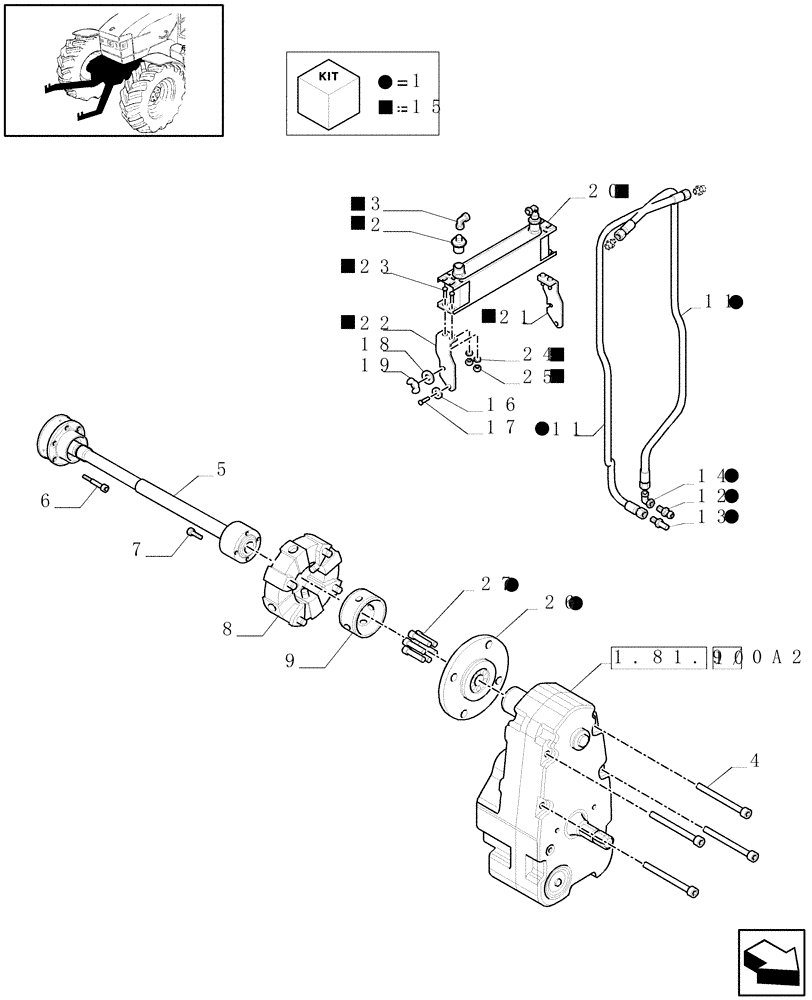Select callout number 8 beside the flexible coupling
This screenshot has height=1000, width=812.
(228, 629)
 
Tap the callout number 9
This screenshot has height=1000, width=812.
(290, 661)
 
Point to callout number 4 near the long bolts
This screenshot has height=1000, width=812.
(754, 763)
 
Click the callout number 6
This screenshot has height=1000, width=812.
(45, 501)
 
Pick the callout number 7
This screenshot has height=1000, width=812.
(136, 549)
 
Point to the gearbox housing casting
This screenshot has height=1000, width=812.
(545, 800)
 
